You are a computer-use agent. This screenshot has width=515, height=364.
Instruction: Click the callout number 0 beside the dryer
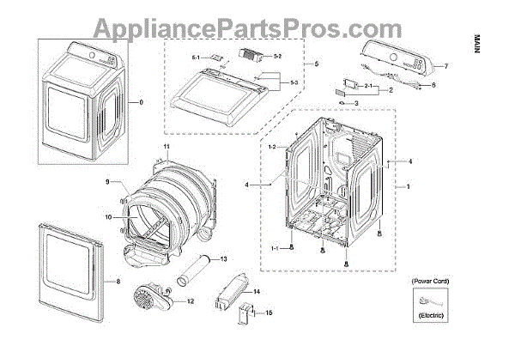point(142,103)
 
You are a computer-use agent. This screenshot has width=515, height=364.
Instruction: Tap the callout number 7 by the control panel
point(446,66)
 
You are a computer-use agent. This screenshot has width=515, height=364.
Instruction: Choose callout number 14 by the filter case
point(257,292)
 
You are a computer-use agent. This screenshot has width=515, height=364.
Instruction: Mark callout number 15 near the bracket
point(269,313)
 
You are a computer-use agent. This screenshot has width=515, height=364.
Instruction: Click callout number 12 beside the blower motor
point(190,301)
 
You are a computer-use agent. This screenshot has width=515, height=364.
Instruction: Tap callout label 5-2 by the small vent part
point(277,56)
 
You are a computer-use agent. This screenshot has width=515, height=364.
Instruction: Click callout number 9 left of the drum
point(108,181)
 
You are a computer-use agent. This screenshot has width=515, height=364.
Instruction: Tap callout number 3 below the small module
point(356,103)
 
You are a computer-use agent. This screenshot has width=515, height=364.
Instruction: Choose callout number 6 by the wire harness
point(433,85)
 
